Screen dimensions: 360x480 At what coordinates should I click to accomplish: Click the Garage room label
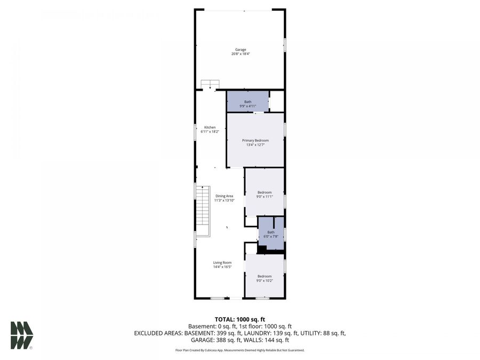[x=241, y=50]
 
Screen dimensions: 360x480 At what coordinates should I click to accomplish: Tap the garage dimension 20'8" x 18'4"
[x=241, y=54]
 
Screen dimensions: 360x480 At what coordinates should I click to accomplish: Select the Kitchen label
[x=210, y=127]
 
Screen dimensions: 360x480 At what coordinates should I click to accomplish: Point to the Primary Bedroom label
[x=255, y=140]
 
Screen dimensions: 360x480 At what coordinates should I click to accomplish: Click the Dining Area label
[x=224, y=196]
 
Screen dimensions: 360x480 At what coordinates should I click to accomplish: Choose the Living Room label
[x=222, y=262]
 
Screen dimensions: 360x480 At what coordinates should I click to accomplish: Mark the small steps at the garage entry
[x=210, y=84]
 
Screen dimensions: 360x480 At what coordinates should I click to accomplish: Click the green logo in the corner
[x=21, y=335]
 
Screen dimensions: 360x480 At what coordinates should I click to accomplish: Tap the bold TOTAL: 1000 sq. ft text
[x=240, y=319]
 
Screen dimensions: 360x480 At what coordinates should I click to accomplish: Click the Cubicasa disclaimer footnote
[x=240, y=350]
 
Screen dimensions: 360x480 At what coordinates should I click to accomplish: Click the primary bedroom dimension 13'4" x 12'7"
[x=255, y=145]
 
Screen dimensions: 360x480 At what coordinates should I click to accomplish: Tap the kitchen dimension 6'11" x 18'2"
[x=210, y=131]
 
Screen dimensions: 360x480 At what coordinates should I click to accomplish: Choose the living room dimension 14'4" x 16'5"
[x=222, y=267]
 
